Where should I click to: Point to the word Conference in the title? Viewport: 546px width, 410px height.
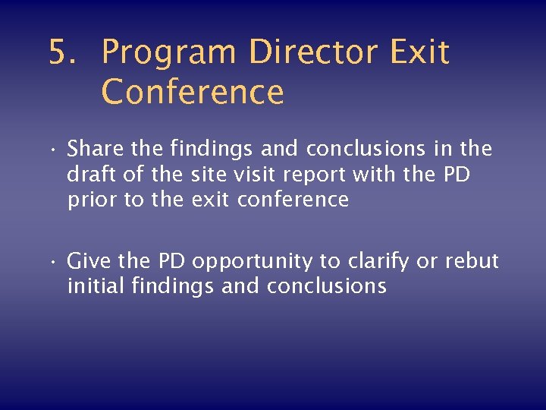coord(193,93)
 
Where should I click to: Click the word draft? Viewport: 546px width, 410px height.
coord(89,175)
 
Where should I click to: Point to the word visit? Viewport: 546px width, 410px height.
coord(256,175)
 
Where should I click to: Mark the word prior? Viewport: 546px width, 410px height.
coord(89,200)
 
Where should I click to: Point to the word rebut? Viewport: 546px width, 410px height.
coord(472,261)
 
